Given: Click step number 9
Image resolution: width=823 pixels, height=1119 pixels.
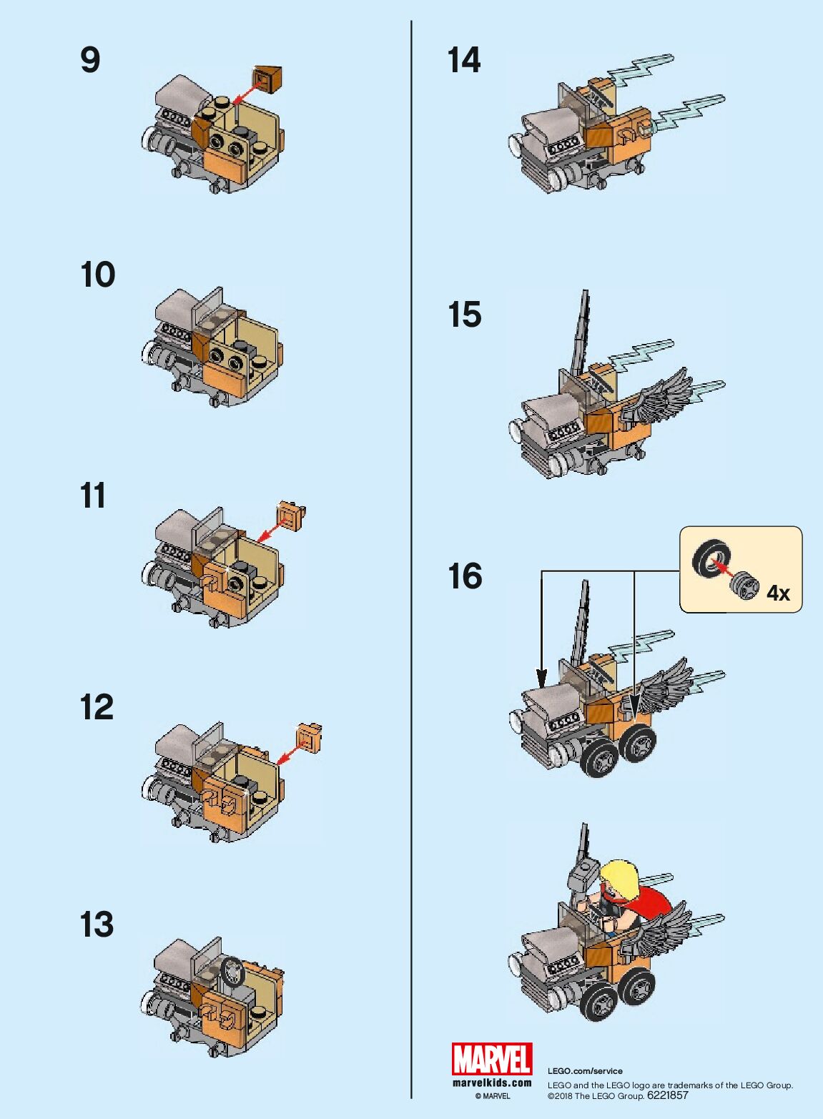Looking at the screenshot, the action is pos(90,61).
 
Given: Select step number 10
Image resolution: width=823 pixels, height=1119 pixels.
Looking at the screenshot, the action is pos(97,275).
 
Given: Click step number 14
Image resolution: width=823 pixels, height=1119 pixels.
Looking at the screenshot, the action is pos(464,61).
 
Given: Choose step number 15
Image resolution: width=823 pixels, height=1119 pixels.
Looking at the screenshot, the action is pos(465,315).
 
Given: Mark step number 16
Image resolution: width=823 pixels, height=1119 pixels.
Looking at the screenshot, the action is pos(465,576).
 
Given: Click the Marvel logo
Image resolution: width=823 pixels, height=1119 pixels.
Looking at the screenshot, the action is pos(492,1058).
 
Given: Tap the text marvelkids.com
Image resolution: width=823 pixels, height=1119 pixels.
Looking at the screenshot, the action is pos(492,1083).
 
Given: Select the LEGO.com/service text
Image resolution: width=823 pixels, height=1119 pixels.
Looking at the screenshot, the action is pos(585,1071).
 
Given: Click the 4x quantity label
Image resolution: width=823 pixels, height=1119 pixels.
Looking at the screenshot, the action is pos(779,593).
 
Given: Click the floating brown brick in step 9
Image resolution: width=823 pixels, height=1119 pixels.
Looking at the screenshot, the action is pos(268,79).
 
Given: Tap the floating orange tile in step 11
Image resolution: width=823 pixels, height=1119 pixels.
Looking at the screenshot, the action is pos(291,515).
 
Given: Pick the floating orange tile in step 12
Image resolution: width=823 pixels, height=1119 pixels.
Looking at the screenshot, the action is pos(310,737).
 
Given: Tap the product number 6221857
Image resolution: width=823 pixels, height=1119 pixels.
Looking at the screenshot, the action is pos(668,1095).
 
